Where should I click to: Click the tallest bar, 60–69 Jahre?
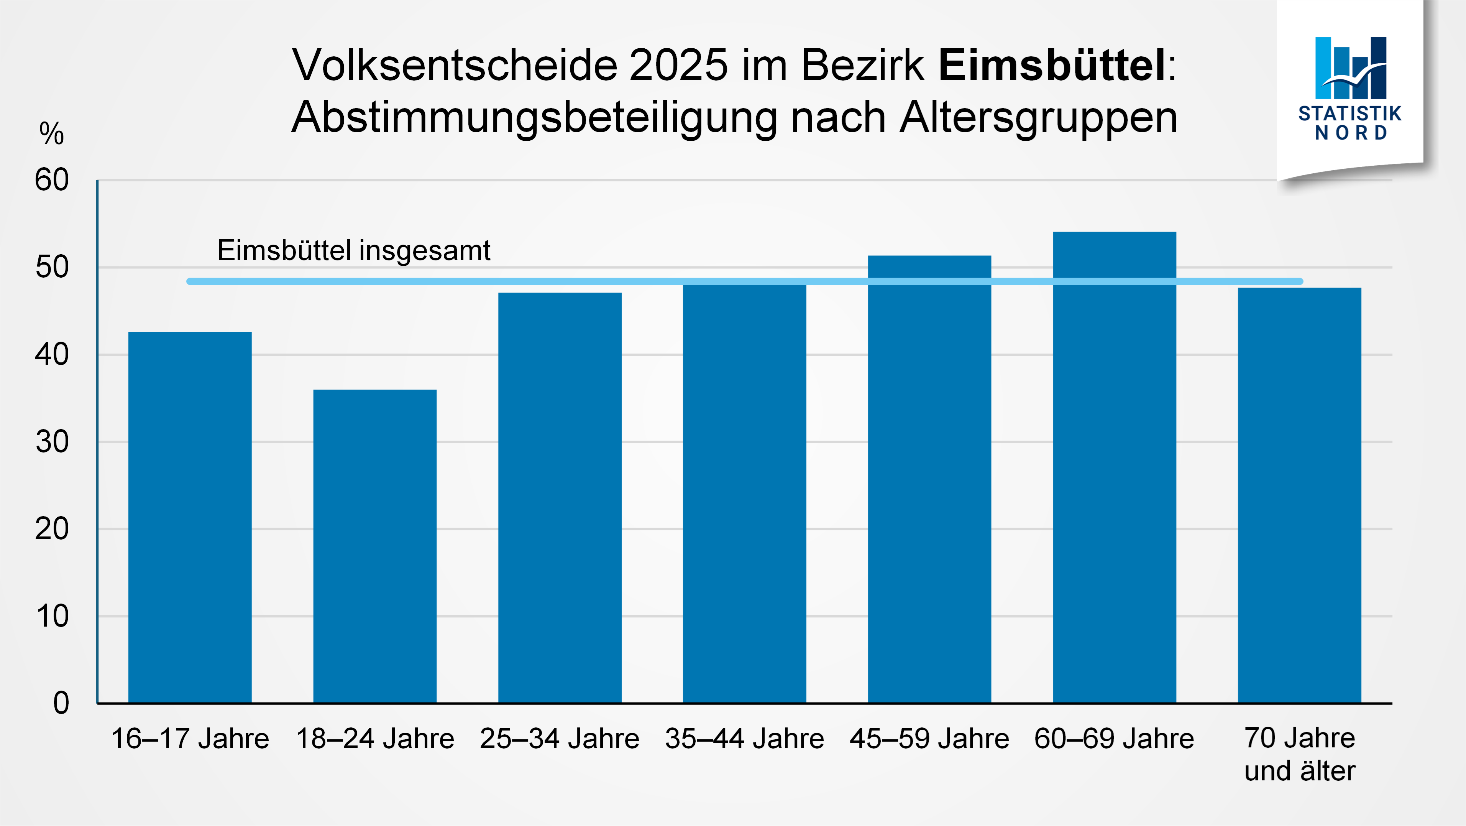[x=1114, y=467]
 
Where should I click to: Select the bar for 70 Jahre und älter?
[x=1299, y=495]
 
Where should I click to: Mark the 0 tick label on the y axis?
[x=61, y=703]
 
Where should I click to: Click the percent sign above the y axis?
[x=51, y=134]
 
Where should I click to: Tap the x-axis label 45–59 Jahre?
[x=929, y=739]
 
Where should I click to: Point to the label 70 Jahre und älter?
[x=1299, y=754]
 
